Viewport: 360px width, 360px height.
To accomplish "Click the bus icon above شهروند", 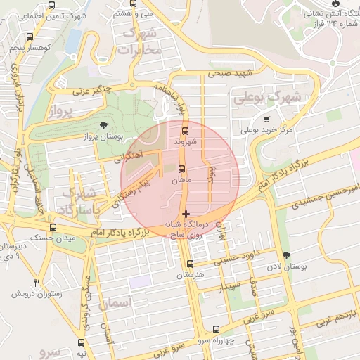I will click(x=185, y=131).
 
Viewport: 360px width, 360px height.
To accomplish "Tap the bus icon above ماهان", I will click(x=182, y=169).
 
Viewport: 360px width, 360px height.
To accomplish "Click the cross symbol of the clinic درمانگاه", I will click(x=186, y=213).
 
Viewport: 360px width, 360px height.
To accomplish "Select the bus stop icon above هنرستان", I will click(x=190, y=264).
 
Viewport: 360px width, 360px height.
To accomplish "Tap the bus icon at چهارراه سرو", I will click(x=216, y=328).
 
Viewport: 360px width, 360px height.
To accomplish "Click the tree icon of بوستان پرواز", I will click(x=104, y=124).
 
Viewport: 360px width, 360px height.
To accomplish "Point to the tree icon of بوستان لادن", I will click(x=285, y=255).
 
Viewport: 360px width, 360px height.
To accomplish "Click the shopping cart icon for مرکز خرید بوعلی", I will click(x=266, y=119).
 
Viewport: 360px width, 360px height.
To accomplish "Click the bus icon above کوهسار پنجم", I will click(x=30, y=37).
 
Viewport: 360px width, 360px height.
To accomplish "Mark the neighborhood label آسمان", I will click(x=116, y=304).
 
